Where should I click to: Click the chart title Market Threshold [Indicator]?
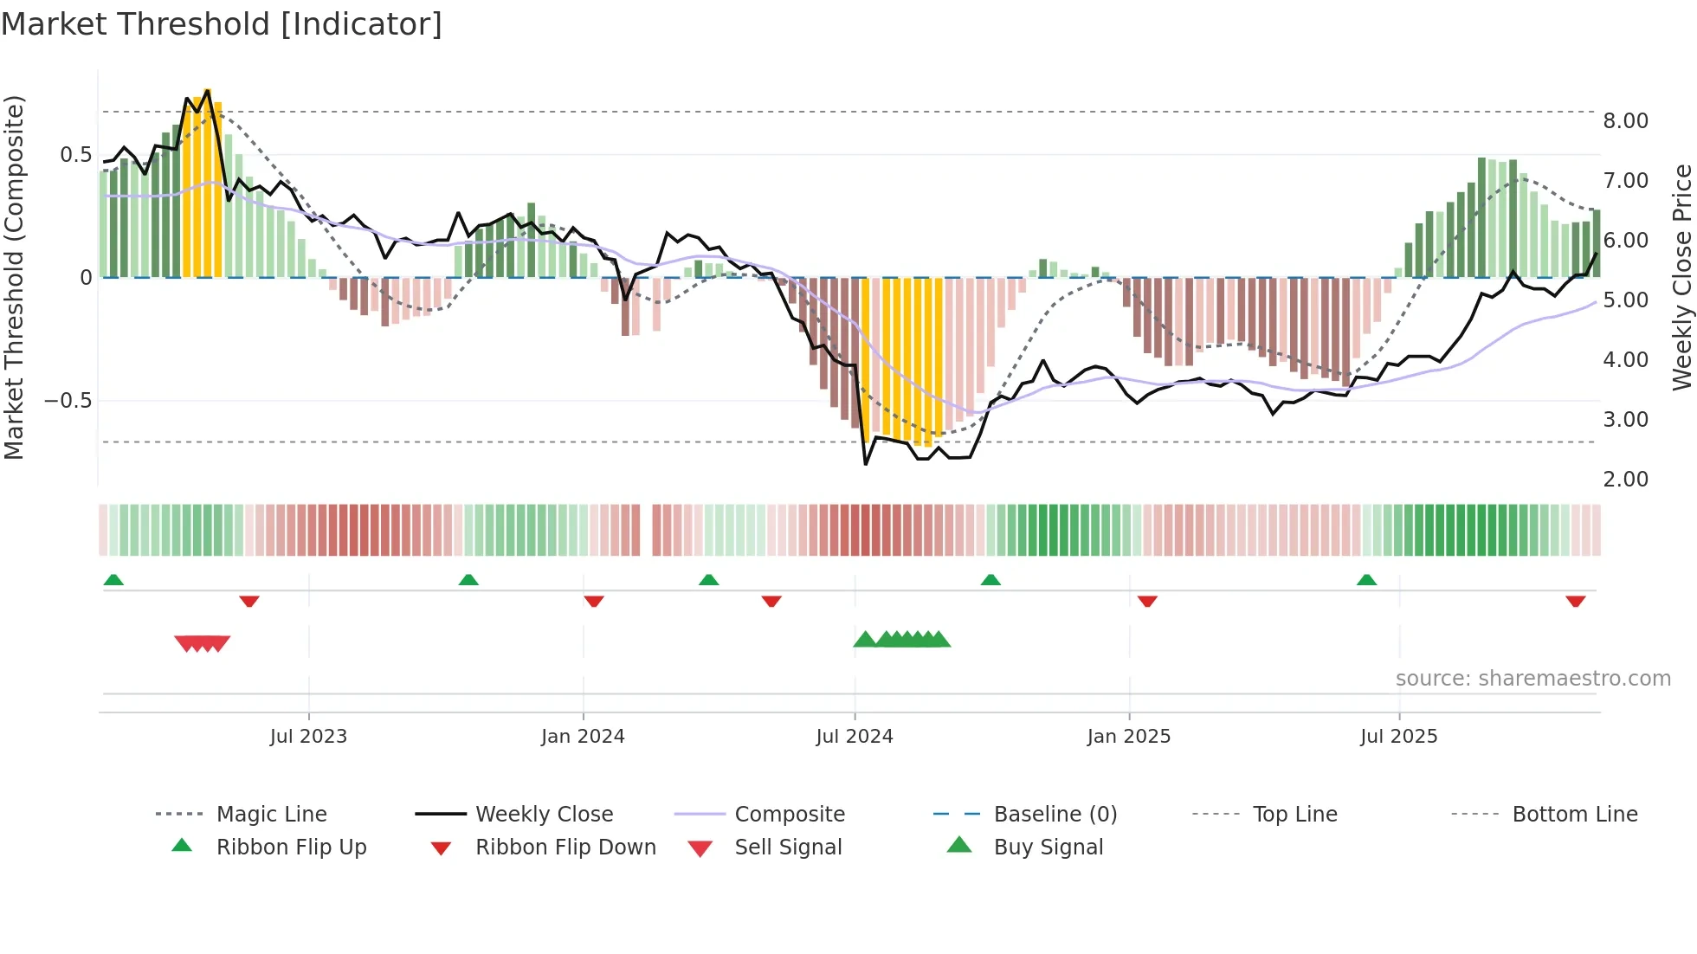click(222, 24)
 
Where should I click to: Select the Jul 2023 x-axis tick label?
click(308, 737)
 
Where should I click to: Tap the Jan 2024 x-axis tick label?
click(583, 737)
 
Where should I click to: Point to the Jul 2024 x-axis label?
click(855, 737)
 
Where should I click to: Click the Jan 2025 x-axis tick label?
click(1129, 737)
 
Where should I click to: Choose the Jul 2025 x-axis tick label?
click(1399, 737)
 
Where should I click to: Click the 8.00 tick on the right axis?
click(1625, 121)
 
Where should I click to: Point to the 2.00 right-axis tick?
click(1625, 480)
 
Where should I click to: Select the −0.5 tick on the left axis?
click(68, 401)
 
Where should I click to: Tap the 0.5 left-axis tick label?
click(75, 155)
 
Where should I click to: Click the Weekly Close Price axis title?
click(1681, 277)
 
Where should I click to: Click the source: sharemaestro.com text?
click(1532, 679)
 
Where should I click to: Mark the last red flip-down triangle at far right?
click(1576, 602)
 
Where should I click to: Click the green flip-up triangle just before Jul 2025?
click(1366, 580)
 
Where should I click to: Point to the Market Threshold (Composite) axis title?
click(14, 277)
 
